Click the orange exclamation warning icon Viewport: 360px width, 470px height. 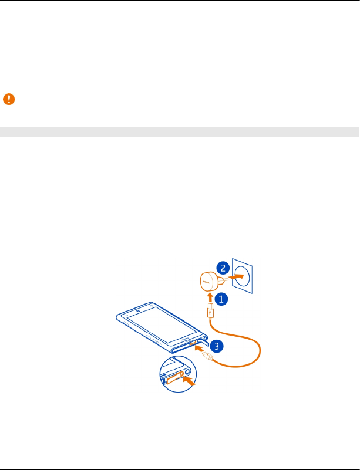coord(9,99)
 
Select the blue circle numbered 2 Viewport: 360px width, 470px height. coord(223,268)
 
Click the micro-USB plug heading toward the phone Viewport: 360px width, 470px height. coord(207,356)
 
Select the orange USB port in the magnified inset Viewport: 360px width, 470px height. coord(174,380)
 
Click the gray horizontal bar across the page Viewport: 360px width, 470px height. coord(180,132)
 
